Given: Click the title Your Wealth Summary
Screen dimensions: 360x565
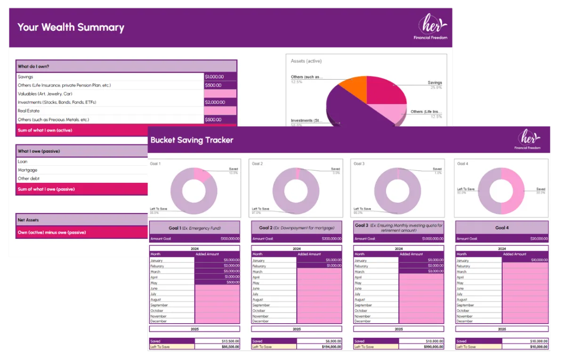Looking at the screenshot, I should [71, 27].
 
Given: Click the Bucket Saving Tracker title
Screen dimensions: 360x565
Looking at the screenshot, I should [192, 140].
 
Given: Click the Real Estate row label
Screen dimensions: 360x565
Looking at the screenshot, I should [29, 111].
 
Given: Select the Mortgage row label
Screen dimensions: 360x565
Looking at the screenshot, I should [27, 170].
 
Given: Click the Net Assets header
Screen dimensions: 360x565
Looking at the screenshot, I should [28, 220].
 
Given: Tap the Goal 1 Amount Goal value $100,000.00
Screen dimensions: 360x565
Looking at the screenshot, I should [226, 239].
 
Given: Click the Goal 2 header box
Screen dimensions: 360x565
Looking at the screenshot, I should [296, 228].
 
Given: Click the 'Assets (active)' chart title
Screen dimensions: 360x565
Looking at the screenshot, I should [306, 61].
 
